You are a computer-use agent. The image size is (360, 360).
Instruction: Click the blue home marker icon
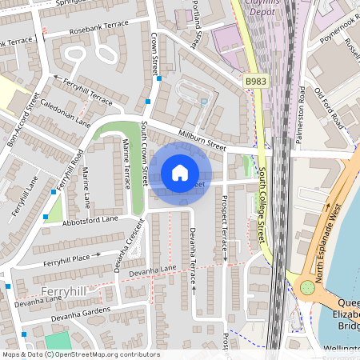coord(180,173)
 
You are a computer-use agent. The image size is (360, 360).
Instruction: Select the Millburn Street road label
coord(203,142)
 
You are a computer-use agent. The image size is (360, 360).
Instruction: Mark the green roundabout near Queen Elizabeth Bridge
coord(306,288)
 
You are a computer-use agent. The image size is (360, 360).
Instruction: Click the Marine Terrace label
coord(126,163)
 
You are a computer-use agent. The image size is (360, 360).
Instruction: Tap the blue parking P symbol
coord(204,102)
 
